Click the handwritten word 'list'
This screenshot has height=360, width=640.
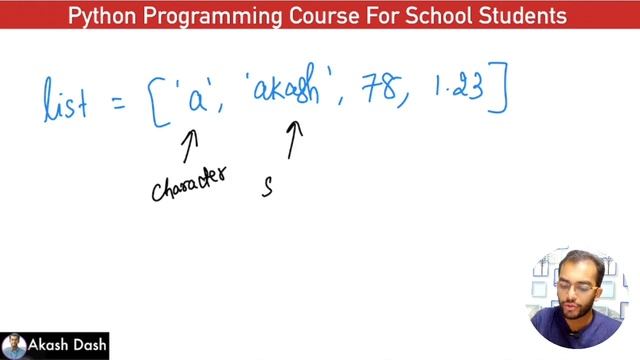66,99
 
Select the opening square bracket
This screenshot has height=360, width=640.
161,101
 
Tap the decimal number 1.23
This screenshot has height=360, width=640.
457,89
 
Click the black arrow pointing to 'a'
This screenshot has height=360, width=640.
189,146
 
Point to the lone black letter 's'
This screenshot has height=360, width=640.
267,187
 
